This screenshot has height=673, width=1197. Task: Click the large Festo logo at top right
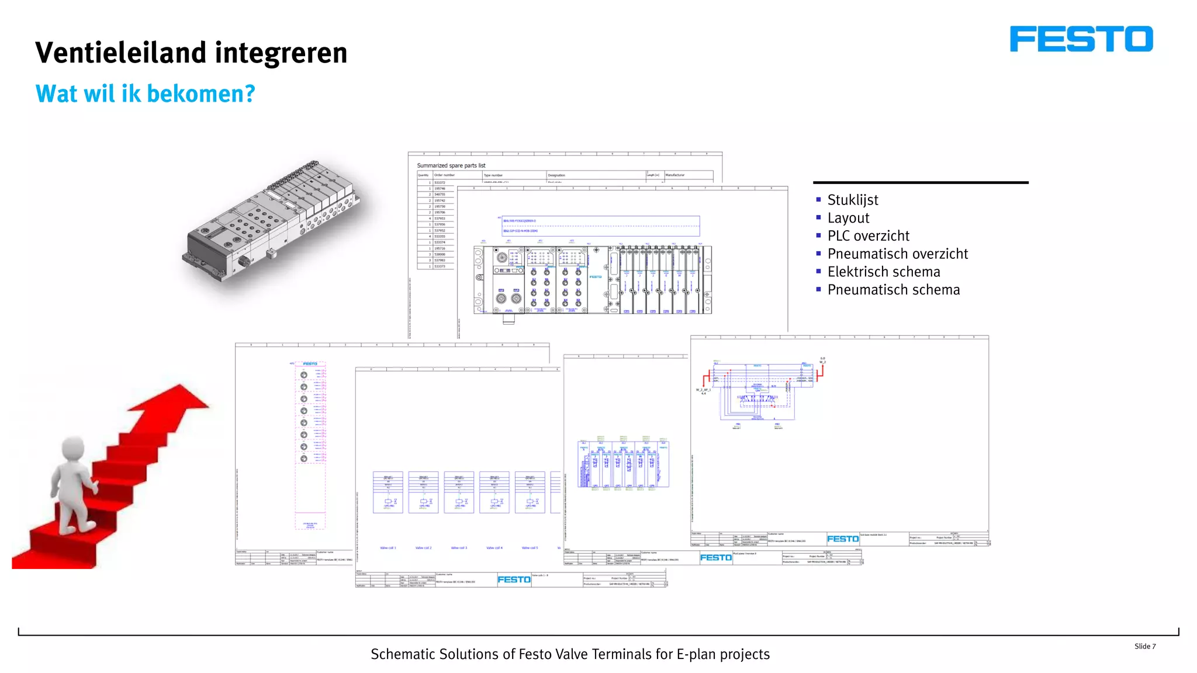point(1081,39)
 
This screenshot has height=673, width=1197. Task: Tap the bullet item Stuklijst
point(852,200)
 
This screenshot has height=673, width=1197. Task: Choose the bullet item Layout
point(848,218)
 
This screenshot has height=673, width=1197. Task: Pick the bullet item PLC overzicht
point(868,236)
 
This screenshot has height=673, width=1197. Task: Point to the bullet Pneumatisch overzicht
point(897,254)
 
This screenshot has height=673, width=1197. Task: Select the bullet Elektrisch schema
point(883,272)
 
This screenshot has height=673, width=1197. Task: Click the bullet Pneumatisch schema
point(893,290)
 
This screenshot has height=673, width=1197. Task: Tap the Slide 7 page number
point(1144,646)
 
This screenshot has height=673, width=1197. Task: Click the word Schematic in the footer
point(403,654)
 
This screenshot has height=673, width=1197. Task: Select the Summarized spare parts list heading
point(451,166)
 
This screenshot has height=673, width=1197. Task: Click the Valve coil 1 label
point(388,548)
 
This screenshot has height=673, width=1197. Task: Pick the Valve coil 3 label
point(459,548)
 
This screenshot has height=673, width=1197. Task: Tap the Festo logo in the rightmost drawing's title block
point(843,539)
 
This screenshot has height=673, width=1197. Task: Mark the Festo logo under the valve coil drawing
point(514,580)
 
